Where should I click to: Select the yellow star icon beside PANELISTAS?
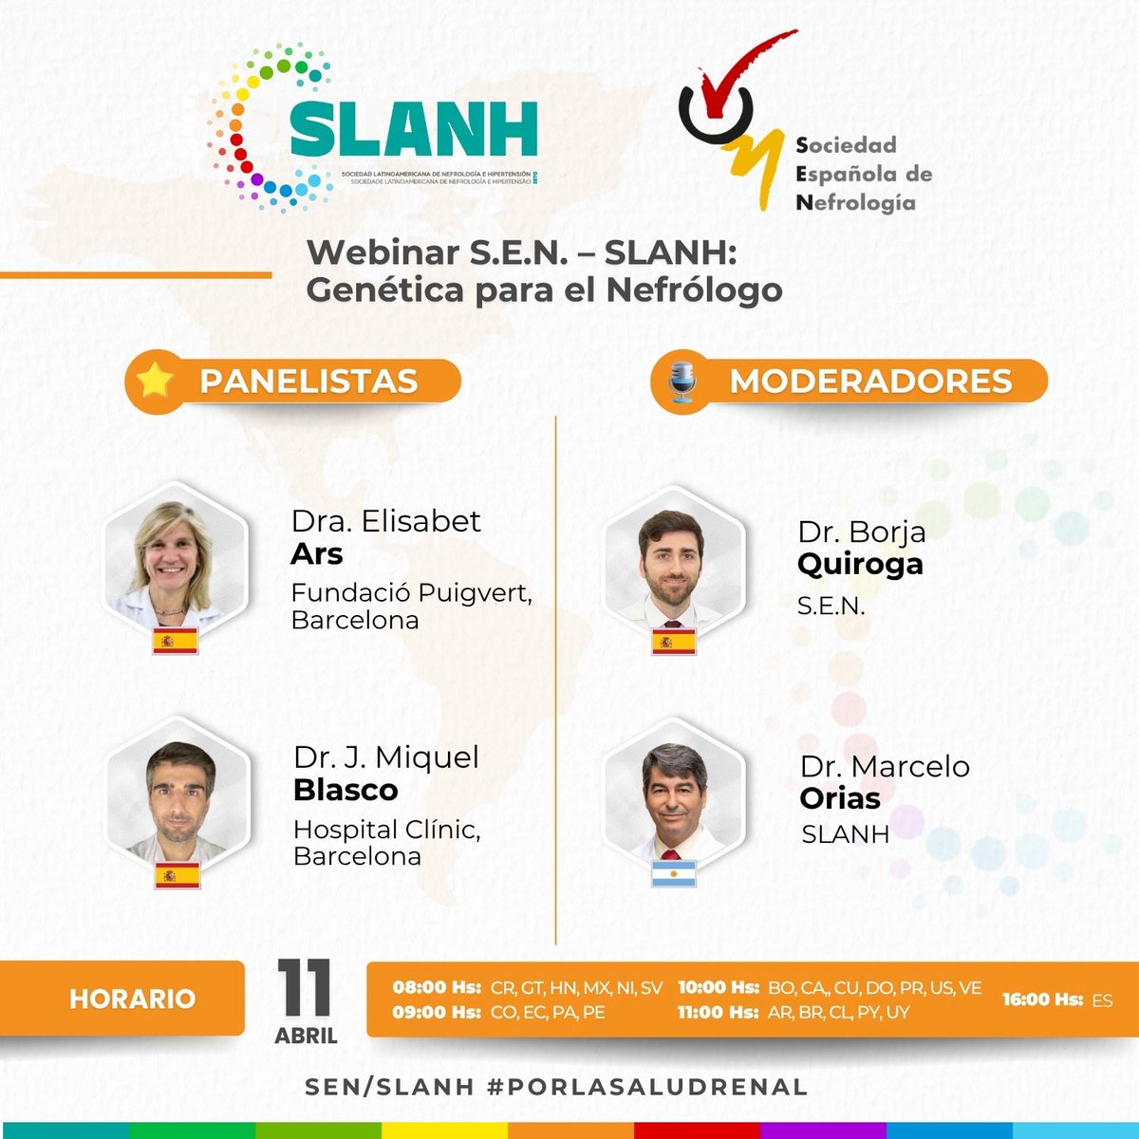tap(156, 381)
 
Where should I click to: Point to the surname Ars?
tap(317, 554)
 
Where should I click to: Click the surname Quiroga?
tap(860, 565)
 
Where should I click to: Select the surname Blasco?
tap(345, 791)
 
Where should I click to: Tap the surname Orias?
tap(840, 799)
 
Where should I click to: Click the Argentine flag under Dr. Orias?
tap(674, 873)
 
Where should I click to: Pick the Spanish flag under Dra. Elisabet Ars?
tap(176, 642)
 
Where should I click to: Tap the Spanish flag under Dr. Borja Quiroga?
tap(673, 643)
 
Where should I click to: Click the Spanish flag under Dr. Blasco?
tap(177, 876)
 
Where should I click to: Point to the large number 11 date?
tap(305, 990)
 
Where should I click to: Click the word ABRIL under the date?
tap(306, 1036)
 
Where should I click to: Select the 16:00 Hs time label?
tap(1042, 999)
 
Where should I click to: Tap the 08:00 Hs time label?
tap(437, 987)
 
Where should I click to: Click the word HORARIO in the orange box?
tap(132, 999)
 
